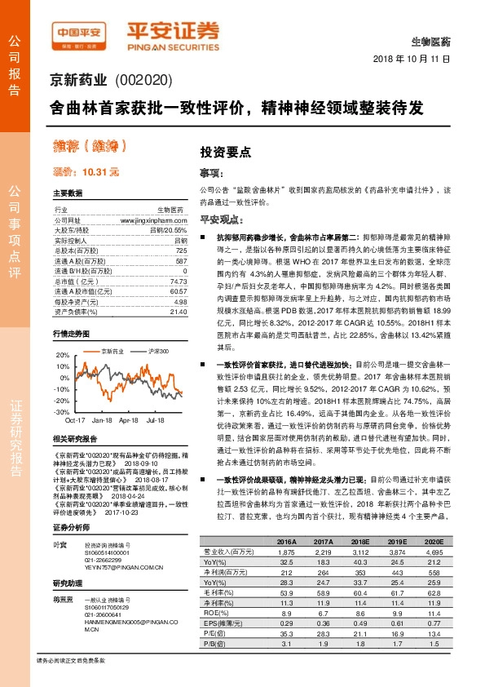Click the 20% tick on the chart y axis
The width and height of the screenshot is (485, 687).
point(62,355)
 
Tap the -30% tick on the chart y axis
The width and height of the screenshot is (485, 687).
point(61,412)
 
